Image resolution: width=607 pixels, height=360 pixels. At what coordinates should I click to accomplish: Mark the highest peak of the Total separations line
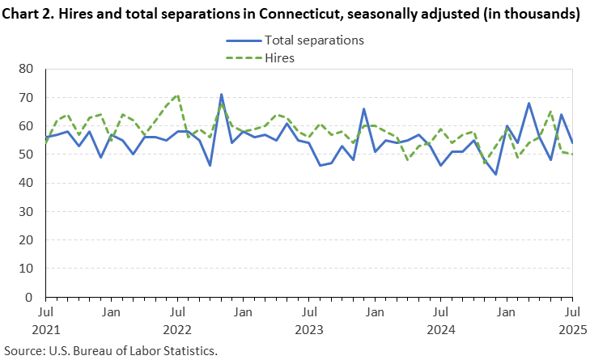221,95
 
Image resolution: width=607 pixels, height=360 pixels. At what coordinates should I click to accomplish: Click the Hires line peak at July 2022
177,95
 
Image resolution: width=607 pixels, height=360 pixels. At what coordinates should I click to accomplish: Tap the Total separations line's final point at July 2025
572,143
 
